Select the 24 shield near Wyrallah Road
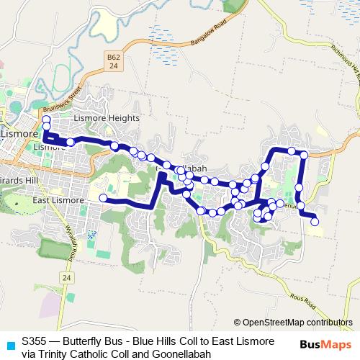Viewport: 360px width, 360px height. [66, 277]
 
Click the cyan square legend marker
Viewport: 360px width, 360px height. [9, 346]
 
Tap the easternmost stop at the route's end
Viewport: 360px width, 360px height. [315, 222]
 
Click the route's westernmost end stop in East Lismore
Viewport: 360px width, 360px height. [103, 197]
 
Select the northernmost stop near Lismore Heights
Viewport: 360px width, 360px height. [47, 120]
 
